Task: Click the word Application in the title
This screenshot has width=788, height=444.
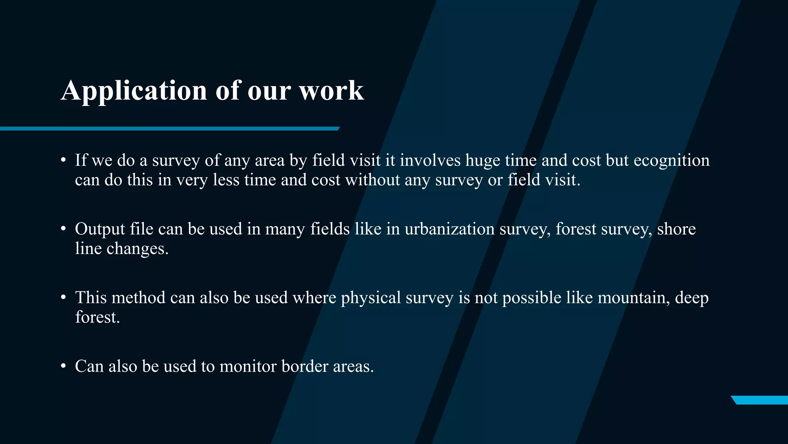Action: coord(134,91)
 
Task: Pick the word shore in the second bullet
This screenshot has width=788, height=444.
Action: coord(676,229)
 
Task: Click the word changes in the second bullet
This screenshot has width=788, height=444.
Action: coord(137,249)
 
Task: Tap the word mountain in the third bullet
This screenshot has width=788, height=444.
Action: coord(631,298)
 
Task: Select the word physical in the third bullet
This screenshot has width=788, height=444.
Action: coord(371,298)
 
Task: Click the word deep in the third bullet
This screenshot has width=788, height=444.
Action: coord(691,298)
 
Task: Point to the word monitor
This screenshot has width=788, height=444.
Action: coord(248,366)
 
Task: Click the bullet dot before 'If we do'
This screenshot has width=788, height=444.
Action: coord(63,160)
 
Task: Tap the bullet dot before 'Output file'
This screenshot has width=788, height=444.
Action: coord(63,229)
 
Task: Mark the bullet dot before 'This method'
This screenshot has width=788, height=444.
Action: coord(63,298)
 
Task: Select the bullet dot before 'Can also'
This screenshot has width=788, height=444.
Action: coord(63,366)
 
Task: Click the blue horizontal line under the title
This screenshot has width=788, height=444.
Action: coord(169,129)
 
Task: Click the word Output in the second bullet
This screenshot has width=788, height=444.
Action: coord(100,229)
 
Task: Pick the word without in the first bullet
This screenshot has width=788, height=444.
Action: coord(372,180)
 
